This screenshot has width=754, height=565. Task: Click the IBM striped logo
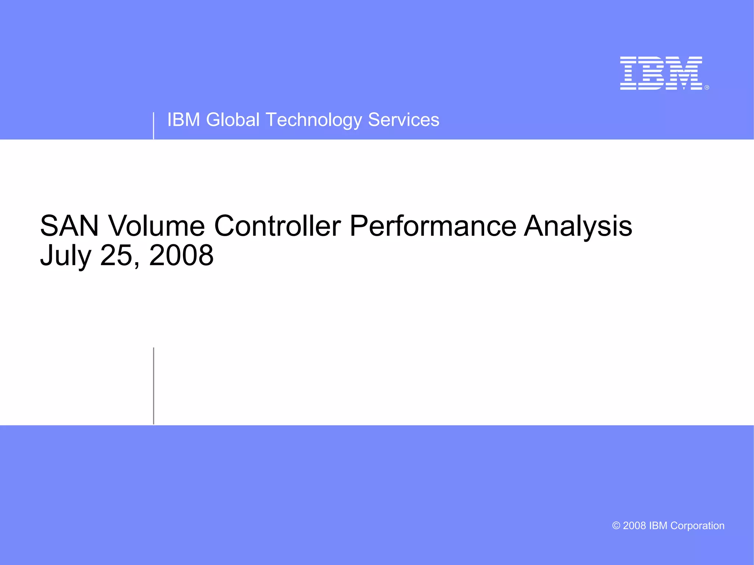coord(661,73)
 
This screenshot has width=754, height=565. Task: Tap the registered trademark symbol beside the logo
coord(707,88)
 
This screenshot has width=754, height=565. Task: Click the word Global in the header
coord(233,120)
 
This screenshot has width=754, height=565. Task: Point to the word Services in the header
coord(404,120)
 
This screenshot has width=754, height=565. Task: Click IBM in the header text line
coord(183,120)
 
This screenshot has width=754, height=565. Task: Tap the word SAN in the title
coord(69,226)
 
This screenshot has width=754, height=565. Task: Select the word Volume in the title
coord(156,226)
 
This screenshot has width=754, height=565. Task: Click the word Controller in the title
coord(277,226)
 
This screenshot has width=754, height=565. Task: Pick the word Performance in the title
coord(433,226)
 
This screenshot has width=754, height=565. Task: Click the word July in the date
coord(66,256)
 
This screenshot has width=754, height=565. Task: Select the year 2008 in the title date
coord(181,256)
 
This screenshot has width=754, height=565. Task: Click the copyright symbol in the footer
coord(616,526)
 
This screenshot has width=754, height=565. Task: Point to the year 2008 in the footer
coord(634,526)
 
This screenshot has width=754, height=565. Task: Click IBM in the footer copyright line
coord(658,526)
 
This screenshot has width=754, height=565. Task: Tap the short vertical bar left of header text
coord(154,126)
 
